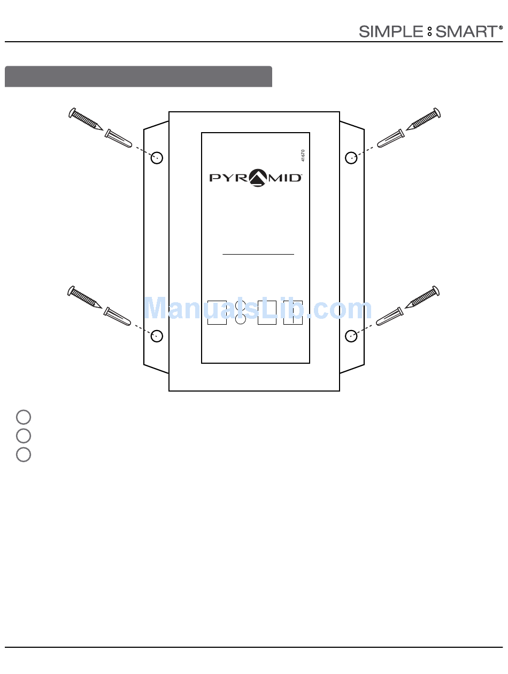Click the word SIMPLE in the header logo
tap(391, 32)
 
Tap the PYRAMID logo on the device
tap(256, 178)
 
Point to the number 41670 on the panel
tap(303, 155)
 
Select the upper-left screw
tap(86, 119)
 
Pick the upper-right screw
tap(424, 119)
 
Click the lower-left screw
tap(84, 297)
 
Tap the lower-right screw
tap(422, 297)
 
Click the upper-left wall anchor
tap(118, 139)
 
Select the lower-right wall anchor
tap(390, 316)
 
